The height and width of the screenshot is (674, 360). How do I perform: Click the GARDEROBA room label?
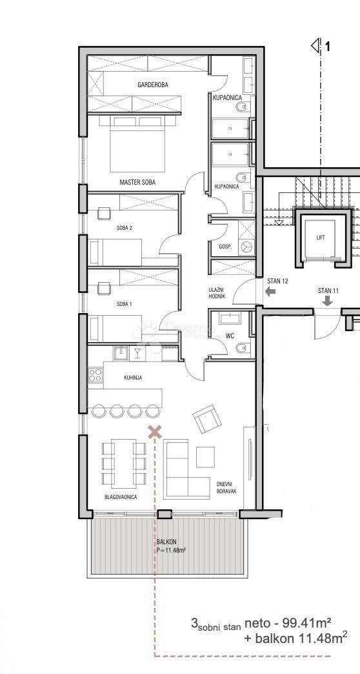[x=153, y=85]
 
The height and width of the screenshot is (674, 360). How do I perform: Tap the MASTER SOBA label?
[x=137, y=183]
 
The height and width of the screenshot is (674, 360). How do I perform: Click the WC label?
[x=229, y=336]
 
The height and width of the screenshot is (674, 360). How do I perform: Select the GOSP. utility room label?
[x=225, y=247]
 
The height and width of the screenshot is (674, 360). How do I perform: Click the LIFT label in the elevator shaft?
[x=321, y=238]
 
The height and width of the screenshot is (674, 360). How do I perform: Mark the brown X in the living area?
[x=154, y=432]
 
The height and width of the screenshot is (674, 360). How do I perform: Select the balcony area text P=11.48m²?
[x=171, y=551]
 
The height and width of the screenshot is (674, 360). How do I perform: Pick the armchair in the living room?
[x=206, y=420]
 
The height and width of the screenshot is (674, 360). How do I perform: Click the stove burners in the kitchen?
[x=95, y=374]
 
